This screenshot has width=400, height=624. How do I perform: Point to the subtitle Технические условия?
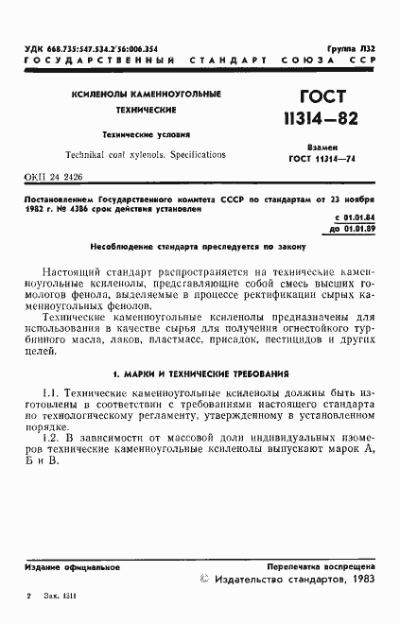tap(146, 134)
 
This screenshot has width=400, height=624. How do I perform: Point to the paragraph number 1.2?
tap(51, 439)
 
